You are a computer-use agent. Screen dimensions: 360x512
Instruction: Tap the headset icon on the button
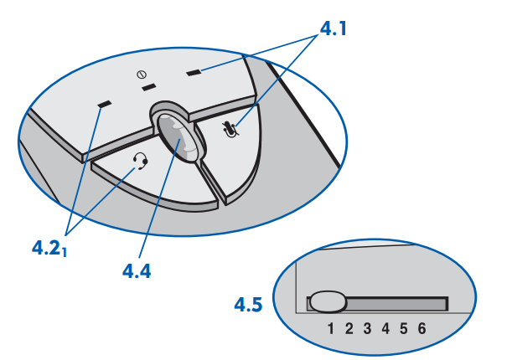[x=141, y=160]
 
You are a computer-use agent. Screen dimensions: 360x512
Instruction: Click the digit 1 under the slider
[x=333, y=328]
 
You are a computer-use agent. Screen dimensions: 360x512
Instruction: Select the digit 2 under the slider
[x=350, y=328]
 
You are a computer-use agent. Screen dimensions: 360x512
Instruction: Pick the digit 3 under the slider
[x=367, y=328]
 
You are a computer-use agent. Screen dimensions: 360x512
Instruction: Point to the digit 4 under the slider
[x=385, y=328]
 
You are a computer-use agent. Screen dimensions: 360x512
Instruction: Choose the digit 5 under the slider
[x=403, y=328]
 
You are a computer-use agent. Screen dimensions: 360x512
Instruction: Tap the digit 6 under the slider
[x=421, y=328]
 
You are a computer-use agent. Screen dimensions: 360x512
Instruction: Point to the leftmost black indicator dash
[x=105, y=105]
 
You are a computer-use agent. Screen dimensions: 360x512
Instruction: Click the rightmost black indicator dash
[x=194, y=73]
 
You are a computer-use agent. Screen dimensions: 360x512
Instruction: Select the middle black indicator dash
[x=148, y=86]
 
